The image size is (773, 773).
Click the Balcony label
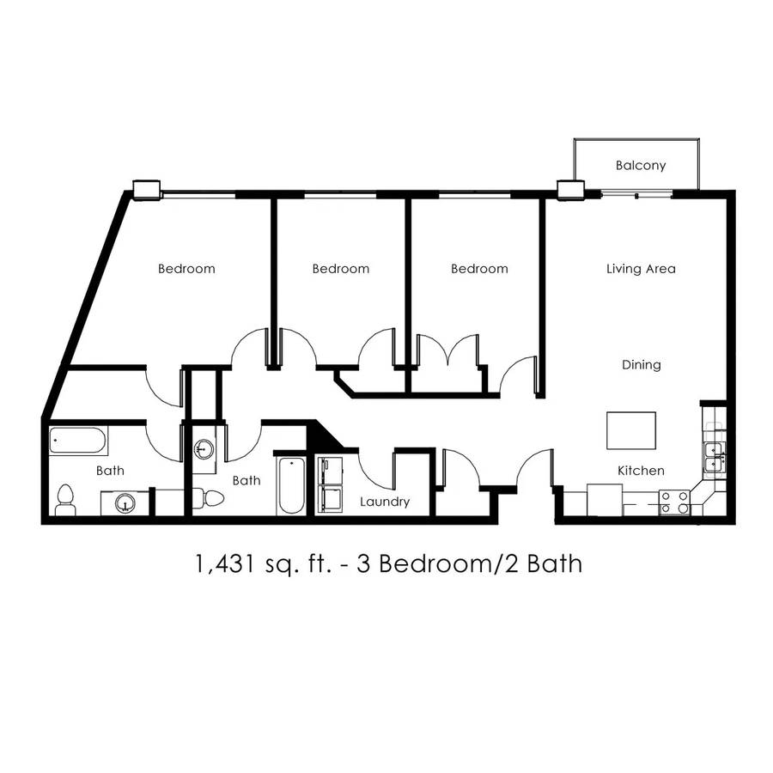[641, 166]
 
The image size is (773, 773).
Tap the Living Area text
[641, 269]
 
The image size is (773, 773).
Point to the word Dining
[641, 365]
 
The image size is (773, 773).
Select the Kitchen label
[641, 471]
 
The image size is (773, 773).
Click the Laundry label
[385, 502]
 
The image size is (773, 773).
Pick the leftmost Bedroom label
[186, 269]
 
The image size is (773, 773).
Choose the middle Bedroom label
[341, 269]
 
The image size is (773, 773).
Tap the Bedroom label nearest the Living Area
[479, 269]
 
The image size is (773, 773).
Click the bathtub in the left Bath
[77, 441]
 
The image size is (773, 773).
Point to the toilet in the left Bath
[65, 500]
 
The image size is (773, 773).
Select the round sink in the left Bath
[125, 503]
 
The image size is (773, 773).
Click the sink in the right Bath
[203, 449]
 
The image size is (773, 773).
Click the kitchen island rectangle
[631, 430]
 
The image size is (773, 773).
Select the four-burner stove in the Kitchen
[674, 502]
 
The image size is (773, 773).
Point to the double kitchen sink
[714, 458]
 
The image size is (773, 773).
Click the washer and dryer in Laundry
[331, 485]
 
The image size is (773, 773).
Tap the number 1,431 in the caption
[227, 563]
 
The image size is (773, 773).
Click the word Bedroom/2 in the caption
[448, 563]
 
